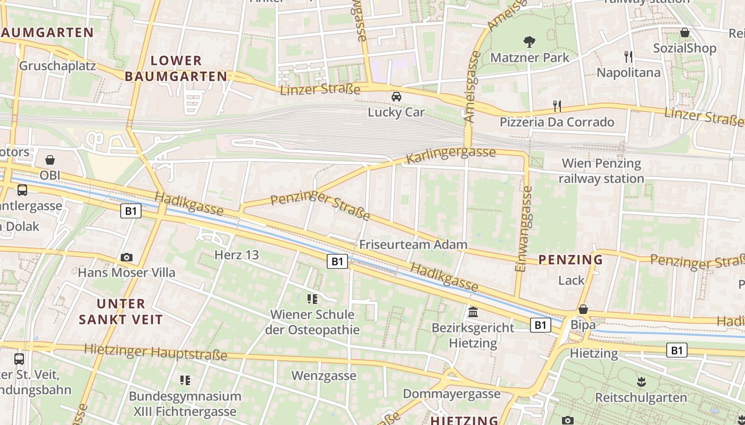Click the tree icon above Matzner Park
point(529,41)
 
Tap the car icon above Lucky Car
point(396,97)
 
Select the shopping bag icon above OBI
point(50,159)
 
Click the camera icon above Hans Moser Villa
point(126,258)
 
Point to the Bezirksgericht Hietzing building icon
point(473,312)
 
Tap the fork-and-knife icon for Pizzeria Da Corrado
point(557,106)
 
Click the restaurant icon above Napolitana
point(628,56)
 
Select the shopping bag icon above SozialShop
point(684,32)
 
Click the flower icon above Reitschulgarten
point(641,381)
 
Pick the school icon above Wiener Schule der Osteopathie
point(312,299)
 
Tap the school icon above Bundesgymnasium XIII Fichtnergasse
point(185,380)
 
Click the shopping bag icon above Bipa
point(583,309)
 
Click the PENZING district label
point(570,260)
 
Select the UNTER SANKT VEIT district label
point(121,311)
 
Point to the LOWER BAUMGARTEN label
point(176,69)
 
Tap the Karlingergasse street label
point(450,155)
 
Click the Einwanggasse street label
point(524,228)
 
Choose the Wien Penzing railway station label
point(601,171)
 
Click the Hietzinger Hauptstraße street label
point(155,352)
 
